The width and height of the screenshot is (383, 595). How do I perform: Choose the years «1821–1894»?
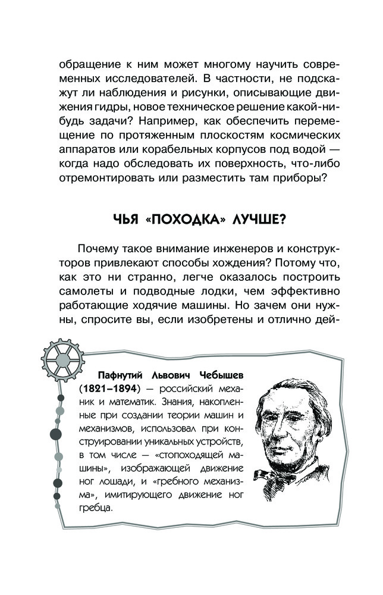coord(110,390)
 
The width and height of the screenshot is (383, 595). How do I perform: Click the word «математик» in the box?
coord(118,403)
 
